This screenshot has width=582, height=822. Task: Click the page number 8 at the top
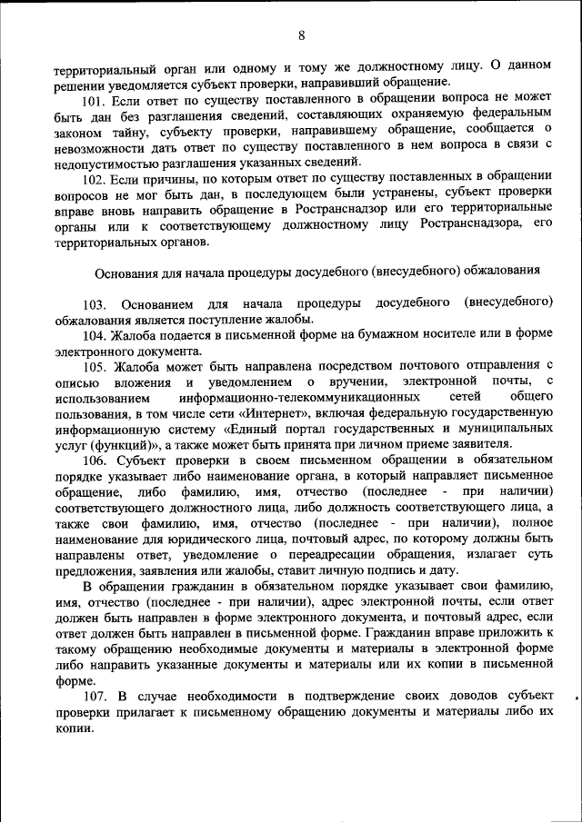click(x=301, y=35)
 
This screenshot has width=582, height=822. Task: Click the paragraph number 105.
click(x=95, y=367)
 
